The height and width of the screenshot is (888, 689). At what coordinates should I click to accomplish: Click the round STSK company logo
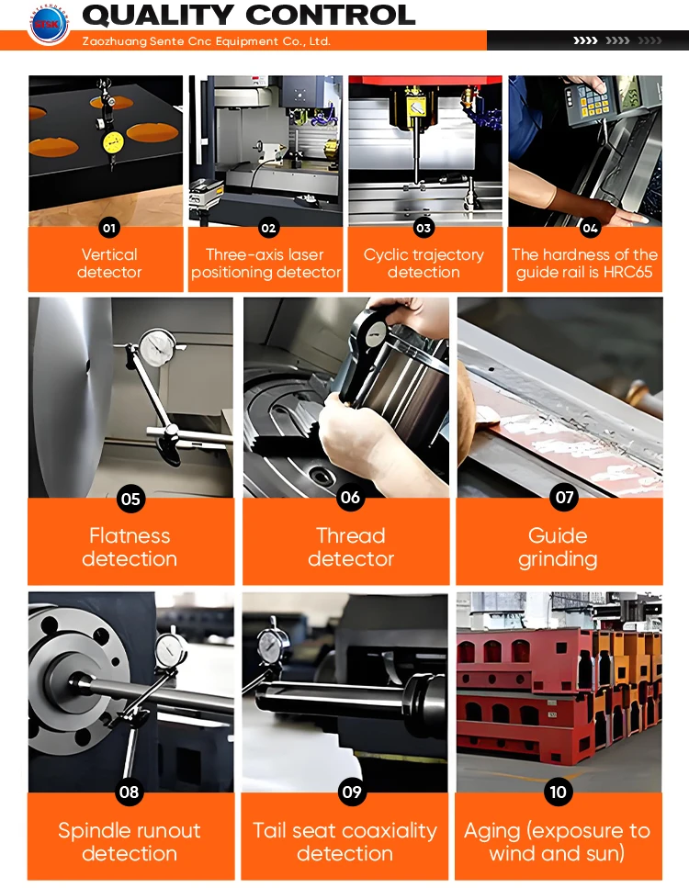(x=49, y=24)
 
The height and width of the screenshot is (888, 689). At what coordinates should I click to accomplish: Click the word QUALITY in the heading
(x=158, y=16)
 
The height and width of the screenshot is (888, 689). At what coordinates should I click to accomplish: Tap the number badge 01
(x=108, y=229)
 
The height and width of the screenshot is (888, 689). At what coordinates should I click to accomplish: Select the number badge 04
(x=589, y=229)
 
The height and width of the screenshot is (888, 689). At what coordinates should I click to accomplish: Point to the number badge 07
(x=564, y=497)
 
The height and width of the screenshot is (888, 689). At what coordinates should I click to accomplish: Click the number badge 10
(x=559, y=792)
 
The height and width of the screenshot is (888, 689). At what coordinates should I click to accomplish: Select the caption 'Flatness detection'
(x=130, y=547)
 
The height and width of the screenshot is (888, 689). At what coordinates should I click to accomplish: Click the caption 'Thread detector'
(x=351, y=547)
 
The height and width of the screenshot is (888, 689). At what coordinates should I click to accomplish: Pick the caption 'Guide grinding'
(x=559, y=547)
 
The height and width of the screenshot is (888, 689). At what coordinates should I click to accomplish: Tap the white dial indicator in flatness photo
(x=157, y=348)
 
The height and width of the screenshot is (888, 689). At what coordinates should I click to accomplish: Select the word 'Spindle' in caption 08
(x=92, y=831)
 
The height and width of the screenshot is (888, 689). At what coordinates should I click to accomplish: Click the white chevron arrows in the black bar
(x=585, y=40)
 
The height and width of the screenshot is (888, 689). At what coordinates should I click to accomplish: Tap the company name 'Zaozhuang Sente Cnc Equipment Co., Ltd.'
(x=207, y=41)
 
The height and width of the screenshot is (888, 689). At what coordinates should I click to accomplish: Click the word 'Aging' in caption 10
(x=491, y=831)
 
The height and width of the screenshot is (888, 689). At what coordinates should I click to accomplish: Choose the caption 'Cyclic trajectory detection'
(x=424, y=264)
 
